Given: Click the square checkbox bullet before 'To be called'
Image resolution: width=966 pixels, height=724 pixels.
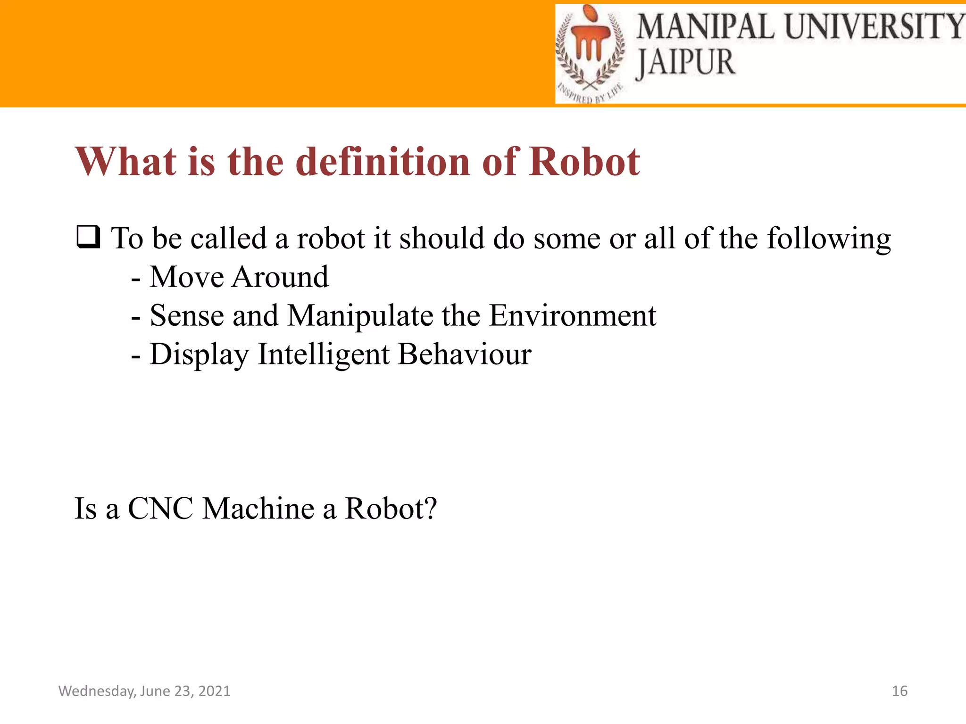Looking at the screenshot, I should click(88, 237).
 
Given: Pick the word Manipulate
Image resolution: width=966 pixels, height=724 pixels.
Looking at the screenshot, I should click(360, 316).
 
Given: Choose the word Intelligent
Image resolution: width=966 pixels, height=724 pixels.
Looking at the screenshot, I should click(324, 355).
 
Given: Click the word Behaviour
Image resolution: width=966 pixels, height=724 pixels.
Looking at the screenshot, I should click(465, 354).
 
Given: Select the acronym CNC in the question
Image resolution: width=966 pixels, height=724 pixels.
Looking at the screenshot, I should click(160, 509).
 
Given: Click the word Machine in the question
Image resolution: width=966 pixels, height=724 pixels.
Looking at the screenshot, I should click(258, 509).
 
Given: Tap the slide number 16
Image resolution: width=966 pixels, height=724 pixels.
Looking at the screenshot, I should click(899, 691).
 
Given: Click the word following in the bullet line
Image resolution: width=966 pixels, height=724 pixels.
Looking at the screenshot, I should click(829, 239).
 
